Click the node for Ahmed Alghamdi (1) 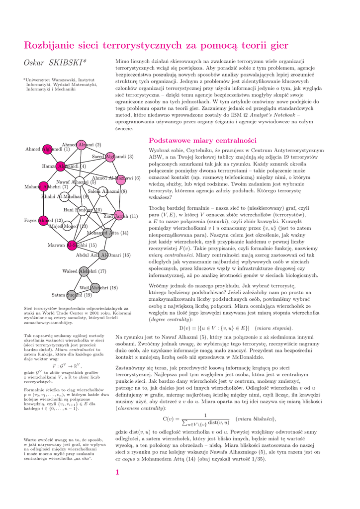pyautogui.click(x=47, y=149)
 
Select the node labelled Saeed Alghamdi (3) pyautogui.click(x=110, y=157)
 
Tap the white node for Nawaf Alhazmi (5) pyautogui.click(x=79, y=182)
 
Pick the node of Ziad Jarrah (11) pyautogui.click(x=119, y=216)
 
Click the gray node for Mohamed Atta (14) pyautogui.click(x=107, y=232)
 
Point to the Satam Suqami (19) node pyautogui.click(x=72, y=295)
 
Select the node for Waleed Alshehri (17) pyautogui.click(x=84, y=271)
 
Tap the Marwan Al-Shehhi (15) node pyautogui.click(x=72, y=245)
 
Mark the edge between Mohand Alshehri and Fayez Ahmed pyautogui.click(x=44, y=204)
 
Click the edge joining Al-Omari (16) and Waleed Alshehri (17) pyautogui.click(x=93, y=263)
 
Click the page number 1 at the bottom pyautogui.click(x=117, y=472)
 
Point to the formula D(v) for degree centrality pyautogui.click(x=214, y=328)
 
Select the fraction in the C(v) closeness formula pyautogui.click(x=205, y=419)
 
